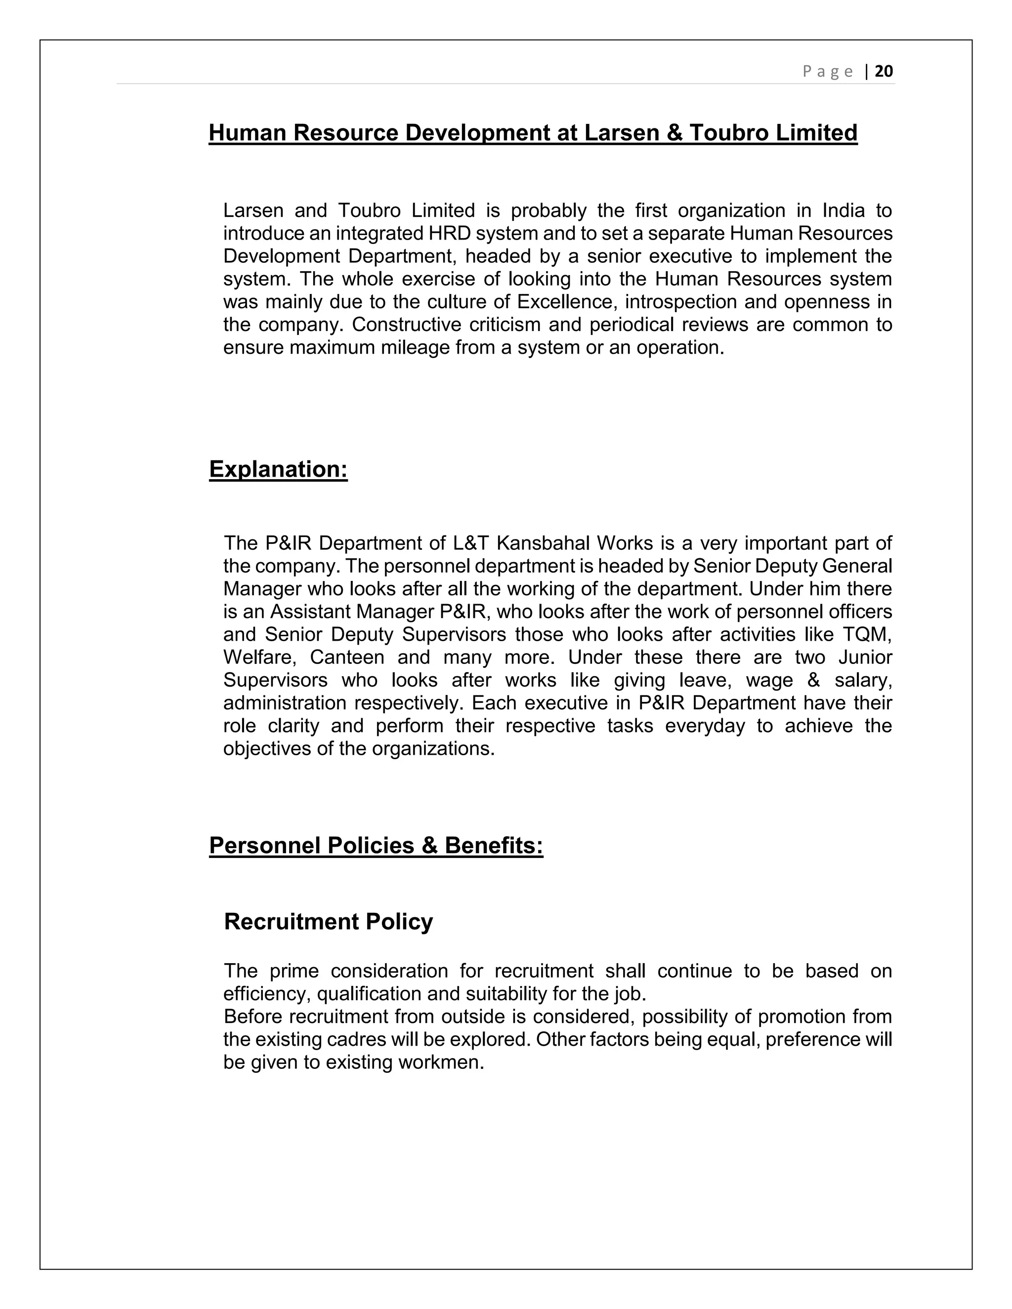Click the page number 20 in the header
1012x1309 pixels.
point(884,71)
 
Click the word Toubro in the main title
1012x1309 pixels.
point(728,132)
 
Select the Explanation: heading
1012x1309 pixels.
point(278,469)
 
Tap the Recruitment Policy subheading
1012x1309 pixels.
point(328,921)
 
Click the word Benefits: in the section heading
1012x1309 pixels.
point(494,845)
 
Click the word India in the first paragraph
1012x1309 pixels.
point(843,210)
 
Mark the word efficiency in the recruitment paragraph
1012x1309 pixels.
point(266,994)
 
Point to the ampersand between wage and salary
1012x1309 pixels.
point(813,680)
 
